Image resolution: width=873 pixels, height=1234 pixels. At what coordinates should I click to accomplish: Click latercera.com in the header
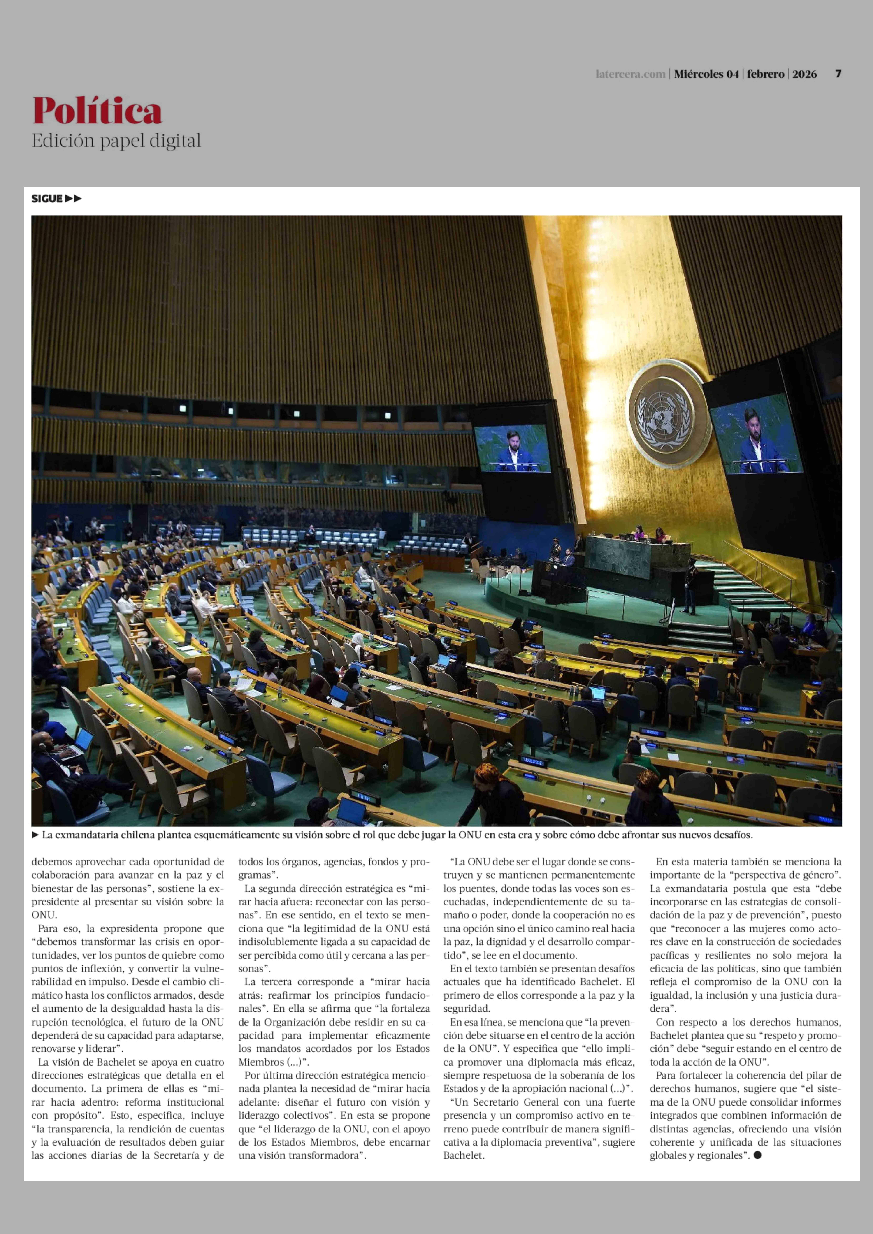click(630, 74)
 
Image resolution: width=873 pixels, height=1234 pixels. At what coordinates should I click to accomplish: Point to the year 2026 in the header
click(804, 74)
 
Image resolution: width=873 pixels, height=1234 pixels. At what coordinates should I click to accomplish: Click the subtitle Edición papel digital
click(116, 141)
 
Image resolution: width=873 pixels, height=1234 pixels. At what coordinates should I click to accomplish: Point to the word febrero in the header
click(765, 74)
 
